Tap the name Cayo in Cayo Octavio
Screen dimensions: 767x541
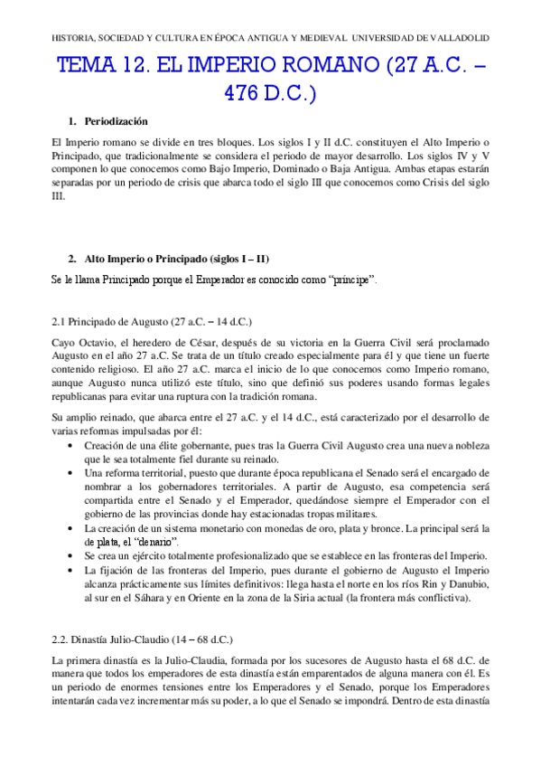coord(65,344)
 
